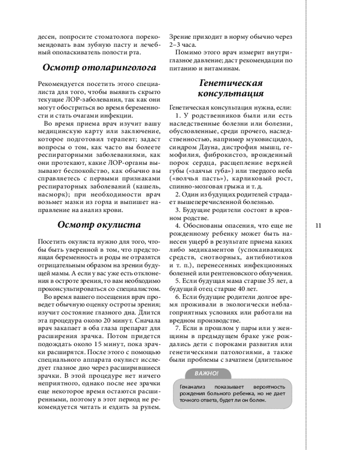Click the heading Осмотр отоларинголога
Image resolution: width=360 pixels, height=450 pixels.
click(99, 68)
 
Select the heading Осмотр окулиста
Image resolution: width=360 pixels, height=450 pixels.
click(99, 225)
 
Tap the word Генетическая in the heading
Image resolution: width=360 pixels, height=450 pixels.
click(230, 83)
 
